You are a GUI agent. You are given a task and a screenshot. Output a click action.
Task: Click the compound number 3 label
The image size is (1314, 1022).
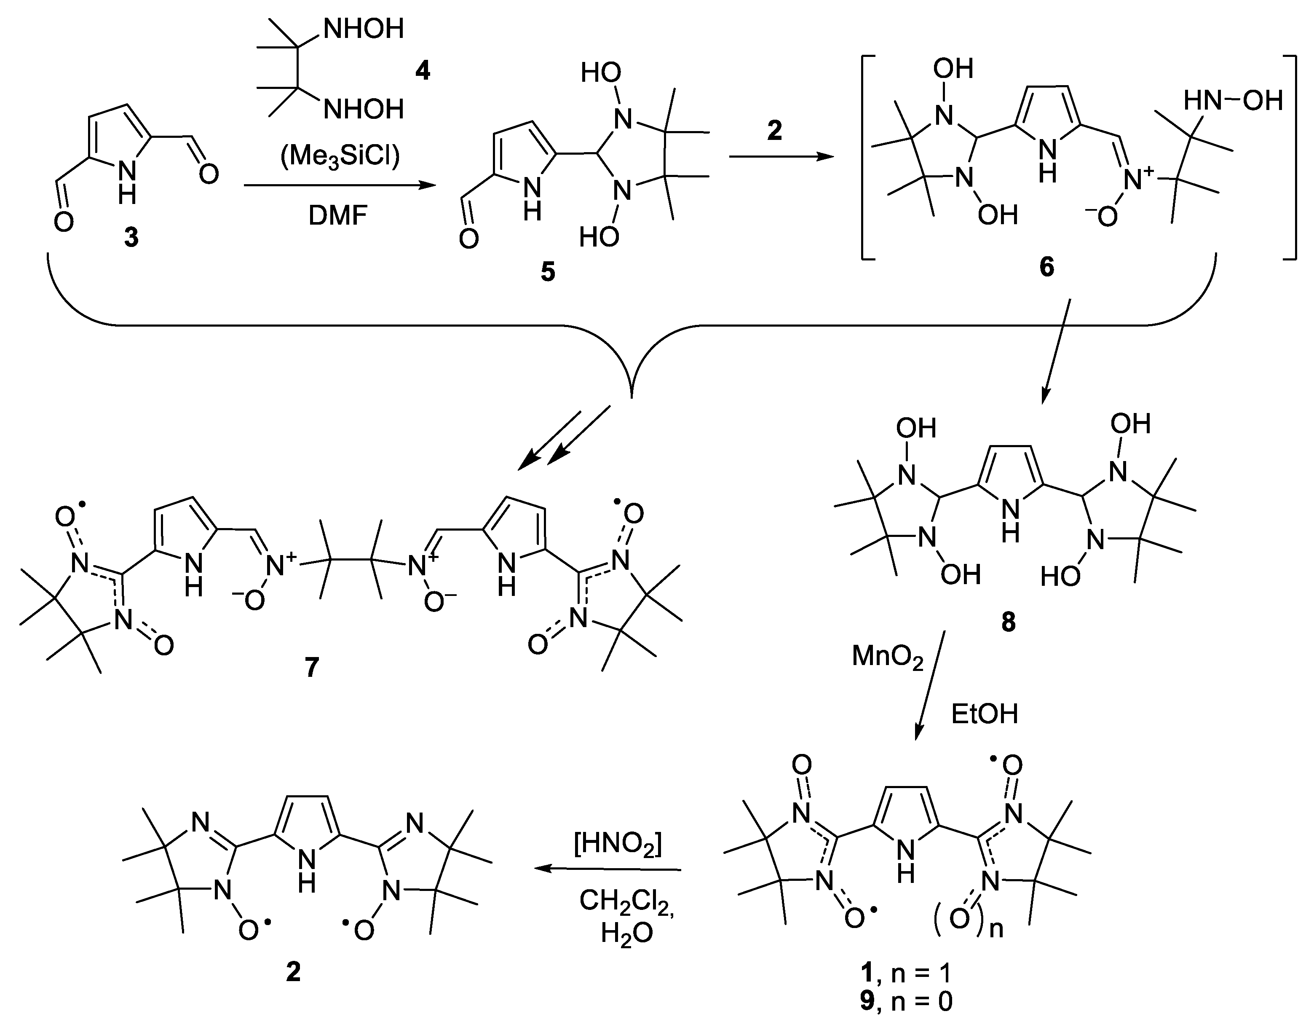[131, 238]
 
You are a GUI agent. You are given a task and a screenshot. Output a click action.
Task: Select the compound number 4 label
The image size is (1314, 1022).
[423, 72]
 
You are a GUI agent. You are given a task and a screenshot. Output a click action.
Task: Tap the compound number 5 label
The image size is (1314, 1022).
[548, 272]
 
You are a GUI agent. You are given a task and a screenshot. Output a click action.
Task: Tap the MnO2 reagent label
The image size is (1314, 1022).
[887, 657]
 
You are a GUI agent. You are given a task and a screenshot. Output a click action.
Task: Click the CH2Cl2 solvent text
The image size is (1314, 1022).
[626, 901]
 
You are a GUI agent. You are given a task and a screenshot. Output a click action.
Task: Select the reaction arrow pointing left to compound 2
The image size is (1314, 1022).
[607, 869]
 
